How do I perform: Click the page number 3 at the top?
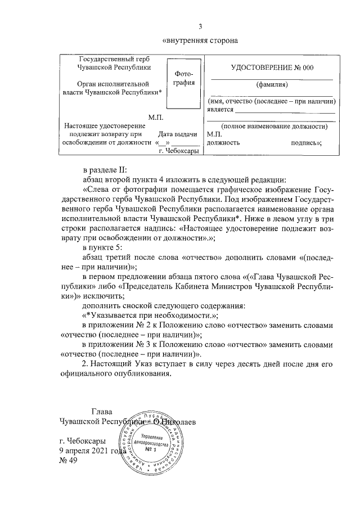200,25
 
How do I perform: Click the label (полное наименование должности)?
274,127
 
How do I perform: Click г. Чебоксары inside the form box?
178,151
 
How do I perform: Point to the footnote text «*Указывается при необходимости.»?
150,316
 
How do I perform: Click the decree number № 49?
68,461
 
